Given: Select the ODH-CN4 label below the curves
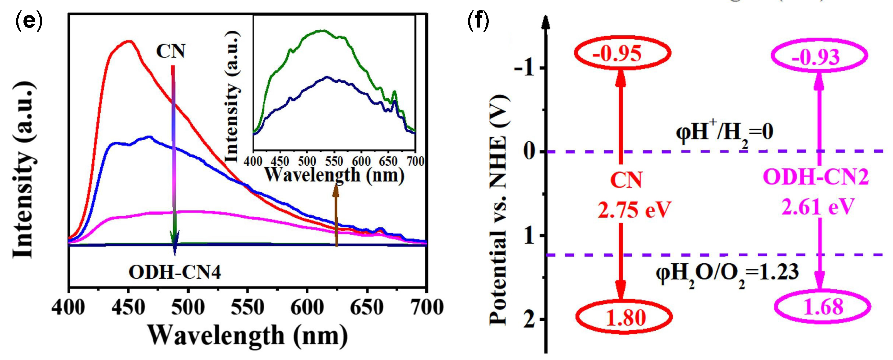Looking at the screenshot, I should (x=175, y=272).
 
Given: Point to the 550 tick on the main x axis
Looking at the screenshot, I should (x=247, y=307).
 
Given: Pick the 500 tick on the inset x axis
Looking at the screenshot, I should (x=307, y=161).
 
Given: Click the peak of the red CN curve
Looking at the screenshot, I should (x=129, y=41).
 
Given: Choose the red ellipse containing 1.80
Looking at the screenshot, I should (x=624, y=317).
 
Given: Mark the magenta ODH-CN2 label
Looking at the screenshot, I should (x=816, y=177).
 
